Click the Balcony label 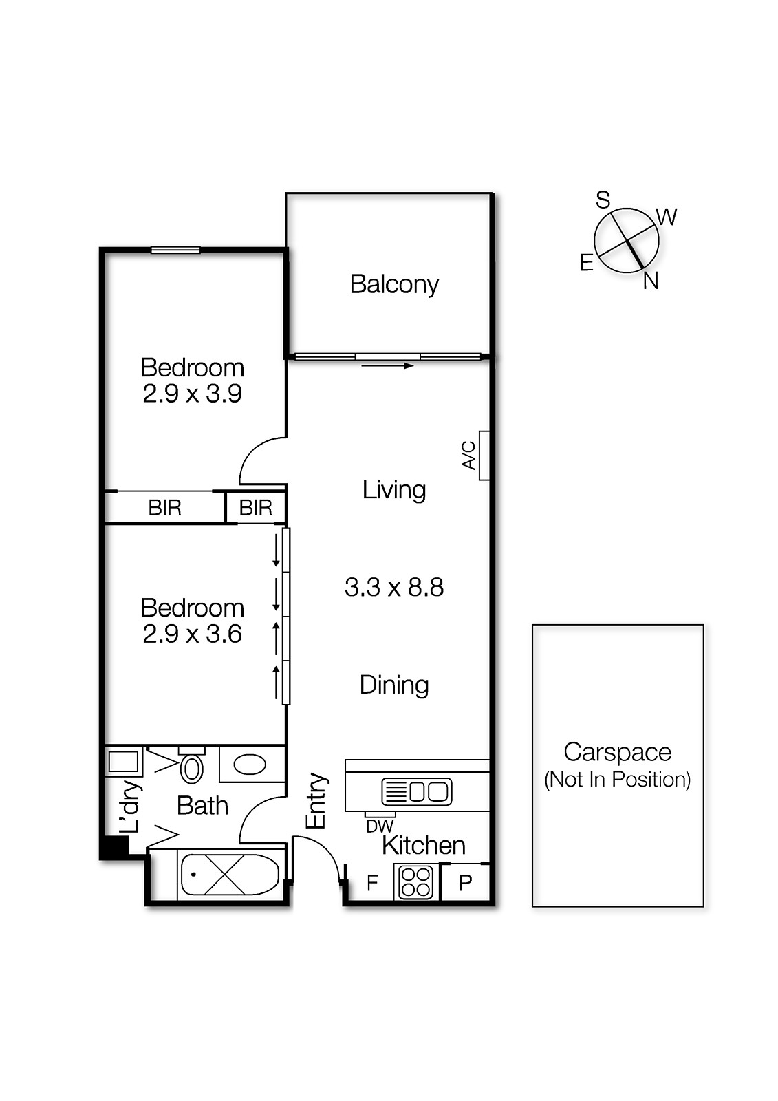tap(393, 284)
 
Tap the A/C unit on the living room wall tap(484, 456)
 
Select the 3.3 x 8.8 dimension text tap(393, 587)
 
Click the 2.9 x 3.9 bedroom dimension tap(192, 394)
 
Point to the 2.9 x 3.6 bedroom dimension tap(192, 634)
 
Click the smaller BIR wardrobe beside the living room tap(255, 508)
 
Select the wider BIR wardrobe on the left tap(164, 508)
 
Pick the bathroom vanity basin tap(249, 765)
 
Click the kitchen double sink tap(417, 791)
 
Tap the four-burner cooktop tap(416, 882)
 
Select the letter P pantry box tap(465, 883)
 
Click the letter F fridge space tap(372, 883)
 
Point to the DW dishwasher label tap(380, 826)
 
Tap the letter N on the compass tap(651, 281)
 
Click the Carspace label tap(617, 752)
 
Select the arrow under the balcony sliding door tap(387, 366)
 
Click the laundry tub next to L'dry tap(124, 762)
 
